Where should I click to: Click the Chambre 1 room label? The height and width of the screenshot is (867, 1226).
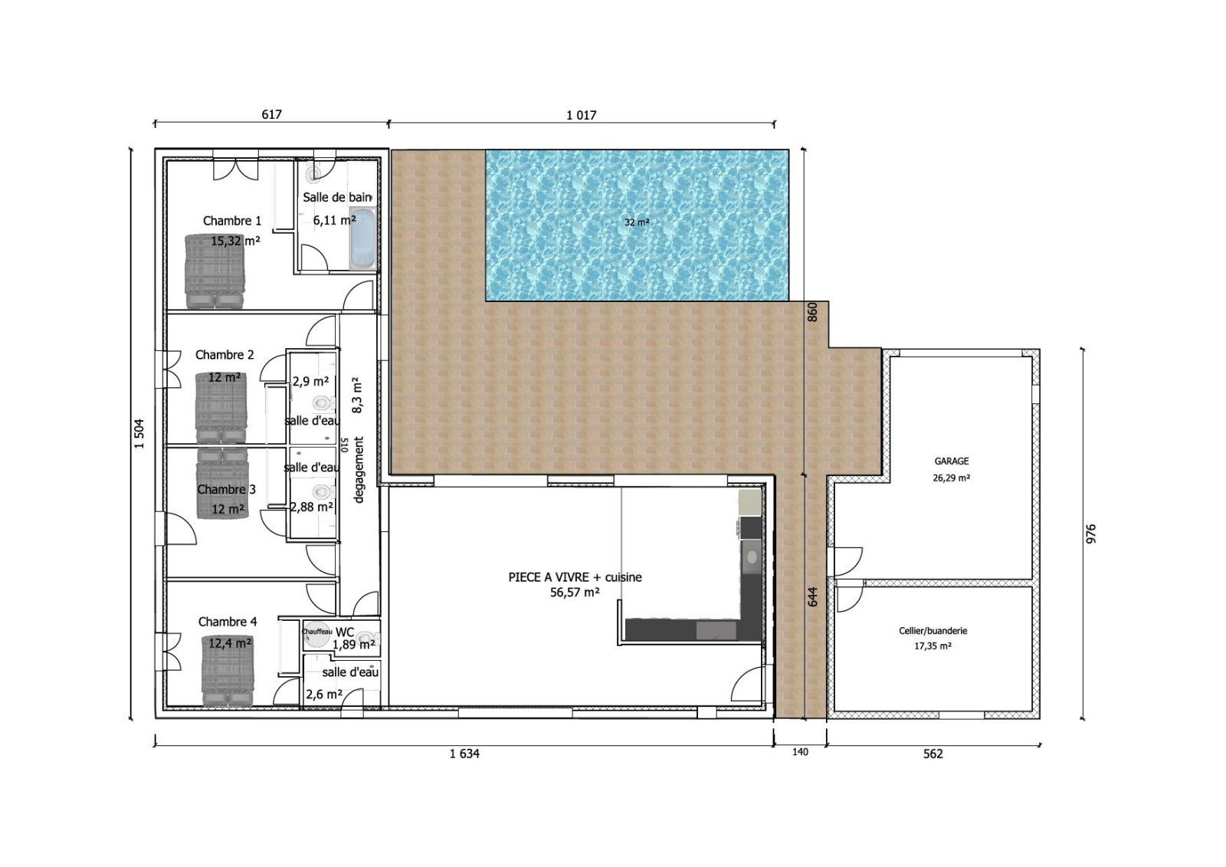[232, 221]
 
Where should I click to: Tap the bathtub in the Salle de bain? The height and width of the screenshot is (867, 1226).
[362, 239]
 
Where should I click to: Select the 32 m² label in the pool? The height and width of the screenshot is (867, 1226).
[637, 222]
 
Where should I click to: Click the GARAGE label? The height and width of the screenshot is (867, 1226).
[951, 461]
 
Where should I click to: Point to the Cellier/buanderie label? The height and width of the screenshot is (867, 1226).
[933, 630]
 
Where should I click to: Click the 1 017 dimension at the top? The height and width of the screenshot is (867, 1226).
[582, 115]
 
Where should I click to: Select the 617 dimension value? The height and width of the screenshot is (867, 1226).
[271, 114]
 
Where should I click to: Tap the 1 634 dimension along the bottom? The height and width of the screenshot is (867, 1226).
[464, 754]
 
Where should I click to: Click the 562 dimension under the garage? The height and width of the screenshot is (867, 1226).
[933, 754]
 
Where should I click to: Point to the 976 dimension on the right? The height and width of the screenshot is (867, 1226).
[1091, 534]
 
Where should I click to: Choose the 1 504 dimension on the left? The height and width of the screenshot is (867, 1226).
[139, 434]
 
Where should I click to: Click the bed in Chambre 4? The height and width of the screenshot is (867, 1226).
[228, 671]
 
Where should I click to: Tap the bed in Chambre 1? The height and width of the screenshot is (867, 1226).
[215, 271]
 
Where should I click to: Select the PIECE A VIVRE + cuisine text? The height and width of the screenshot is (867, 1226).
[575, 576]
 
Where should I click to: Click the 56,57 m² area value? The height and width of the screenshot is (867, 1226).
[575, 592]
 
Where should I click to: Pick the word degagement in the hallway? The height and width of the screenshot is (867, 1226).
[359, 470]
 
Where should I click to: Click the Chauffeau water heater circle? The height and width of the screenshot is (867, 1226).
[317, 632]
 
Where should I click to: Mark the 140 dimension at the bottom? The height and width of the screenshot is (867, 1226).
[800, 752]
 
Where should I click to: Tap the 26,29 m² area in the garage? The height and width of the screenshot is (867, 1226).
[951, 478]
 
